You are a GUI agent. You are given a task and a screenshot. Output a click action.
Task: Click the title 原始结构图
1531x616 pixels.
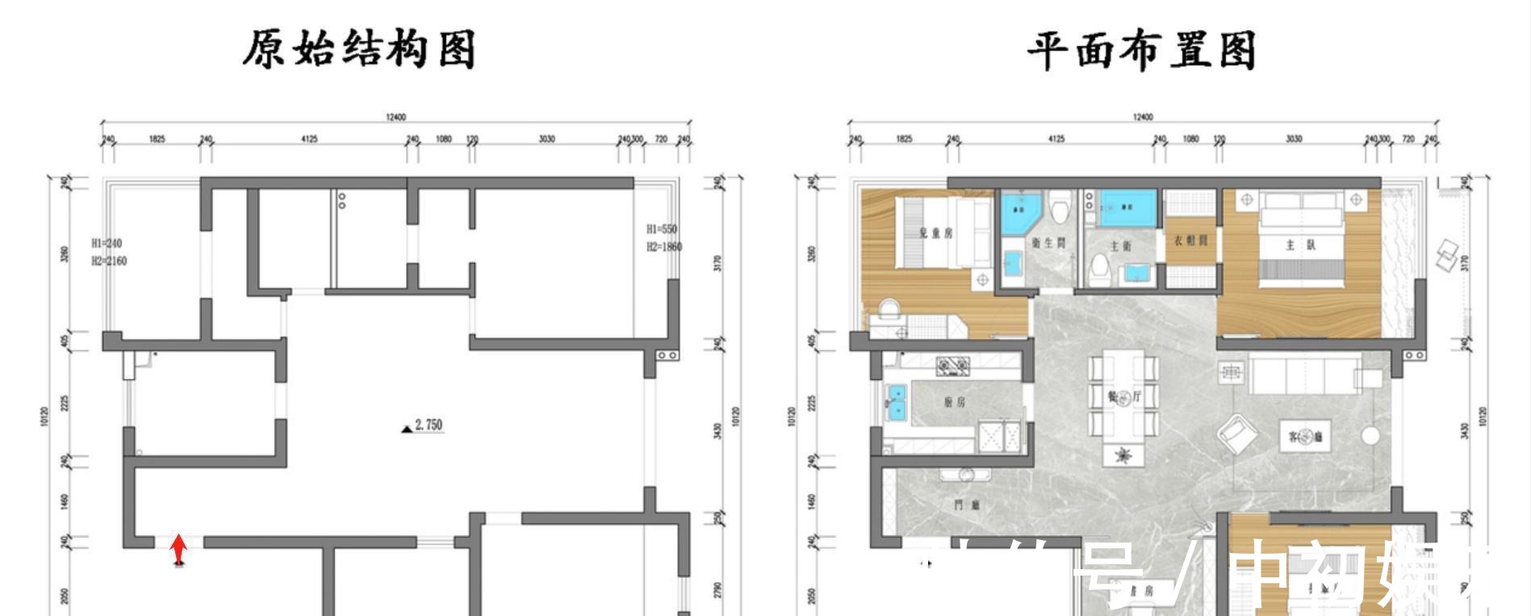point(358,49)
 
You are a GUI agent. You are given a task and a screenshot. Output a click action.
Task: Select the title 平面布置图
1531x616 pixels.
point(1140,51)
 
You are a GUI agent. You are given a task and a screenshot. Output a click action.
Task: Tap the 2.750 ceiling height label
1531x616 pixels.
point(428,425)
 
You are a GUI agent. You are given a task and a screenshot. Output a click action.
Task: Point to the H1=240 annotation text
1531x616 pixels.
point(107,243)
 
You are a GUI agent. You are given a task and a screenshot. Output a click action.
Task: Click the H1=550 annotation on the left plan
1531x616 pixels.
point(661,229)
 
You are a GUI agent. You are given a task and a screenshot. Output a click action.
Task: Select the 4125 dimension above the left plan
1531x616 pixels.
point(309,139)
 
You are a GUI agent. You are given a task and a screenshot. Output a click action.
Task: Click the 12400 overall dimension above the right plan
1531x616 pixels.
point(1142,118)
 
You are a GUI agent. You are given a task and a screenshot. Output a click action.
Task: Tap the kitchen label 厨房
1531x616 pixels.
point(953,402)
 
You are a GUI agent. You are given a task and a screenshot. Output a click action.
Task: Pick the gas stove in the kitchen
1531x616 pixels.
point(952,367)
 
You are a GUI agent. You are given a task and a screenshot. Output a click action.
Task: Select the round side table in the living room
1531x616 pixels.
point(1370,437)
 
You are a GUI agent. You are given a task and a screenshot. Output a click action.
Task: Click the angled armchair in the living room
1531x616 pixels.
point(1236,434)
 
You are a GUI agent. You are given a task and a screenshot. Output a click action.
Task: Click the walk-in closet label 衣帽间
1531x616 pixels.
point(1190,241)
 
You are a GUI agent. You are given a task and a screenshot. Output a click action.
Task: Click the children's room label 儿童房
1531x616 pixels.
point(935,233)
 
